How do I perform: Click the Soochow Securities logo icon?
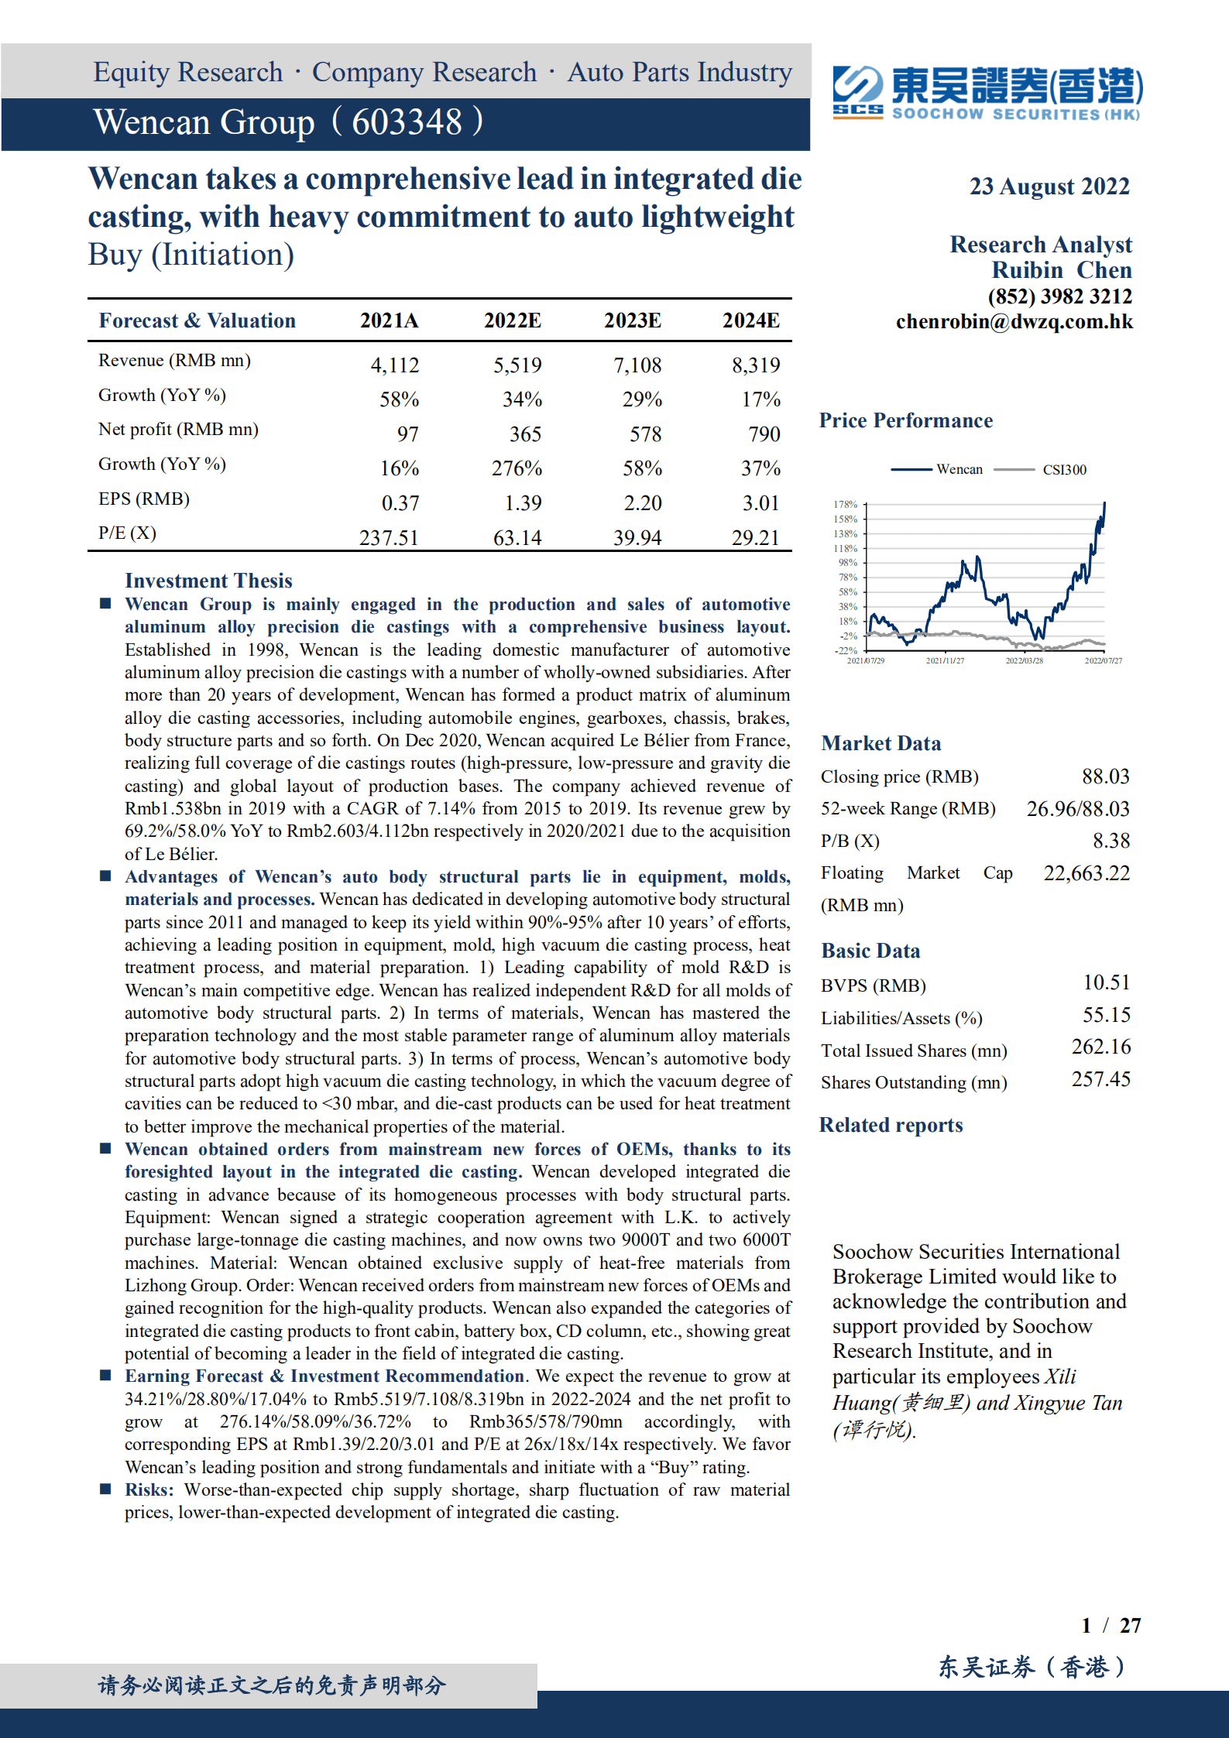pyautogui.click(x=857, y=91)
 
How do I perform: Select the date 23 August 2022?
pyautogui.click(x=1049, y=187)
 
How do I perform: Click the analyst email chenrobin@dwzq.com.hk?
pyautogui.click(x=1014, y=322)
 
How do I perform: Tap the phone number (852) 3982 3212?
pyautogui.click(x=1059, y=297)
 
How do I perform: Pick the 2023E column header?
pyautogui.click(x=632, y=321)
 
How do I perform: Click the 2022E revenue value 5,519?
pyautogui.click(x=517, y=365)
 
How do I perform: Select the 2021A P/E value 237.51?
pyautogui.click(x=388, y=537)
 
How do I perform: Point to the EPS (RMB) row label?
pyautogui.click(x=144, y=499)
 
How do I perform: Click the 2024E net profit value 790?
pyautogui.click(x=764, y=434)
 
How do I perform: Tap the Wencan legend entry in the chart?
pyautogui.click(x=959, y=469)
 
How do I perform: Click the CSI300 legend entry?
pyautogui.click(x=1064, y=469)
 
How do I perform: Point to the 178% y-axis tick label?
pyautogui.click(x=845, y=504)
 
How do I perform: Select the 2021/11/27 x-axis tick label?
pyautogui.click(x=945, y=660)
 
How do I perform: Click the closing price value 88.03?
pyautogui.click(x=1105, y=776)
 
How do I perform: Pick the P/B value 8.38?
pyautogui.click(x=1111, y=840)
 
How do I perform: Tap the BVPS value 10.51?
pyautogui.click(x=1106, y=982)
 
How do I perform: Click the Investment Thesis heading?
pyautogui.click(x=208, y=581)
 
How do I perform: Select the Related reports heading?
pyautogui.click(x=891, y=1125)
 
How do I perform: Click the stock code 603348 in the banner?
pyautogui.click(x=407, y=122)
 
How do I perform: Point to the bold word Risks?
pyautogui.click(x=149, y=1489)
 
